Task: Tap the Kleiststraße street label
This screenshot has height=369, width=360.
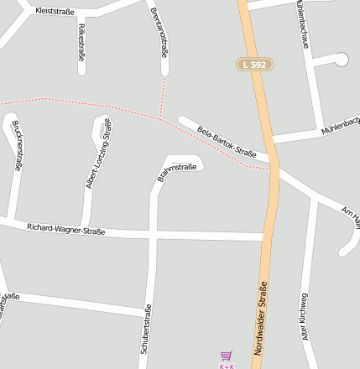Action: [55, 12]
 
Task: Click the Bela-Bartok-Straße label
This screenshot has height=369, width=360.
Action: [227, 141]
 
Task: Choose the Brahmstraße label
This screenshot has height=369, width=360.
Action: [177, 172]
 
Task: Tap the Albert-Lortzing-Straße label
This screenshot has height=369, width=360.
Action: [98, 153]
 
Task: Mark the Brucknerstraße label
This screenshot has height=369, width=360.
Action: [18, 145]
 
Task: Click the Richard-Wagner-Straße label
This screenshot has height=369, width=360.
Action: [65, 228]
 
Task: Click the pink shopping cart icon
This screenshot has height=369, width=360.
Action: [226, 356]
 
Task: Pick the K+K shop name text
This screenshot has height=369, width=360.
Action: [226, 366]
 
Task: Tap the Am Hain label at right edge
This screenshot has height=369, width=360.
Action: [352, 212]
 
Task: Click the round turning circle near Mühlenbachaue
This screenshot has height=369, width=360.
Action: [341, 59]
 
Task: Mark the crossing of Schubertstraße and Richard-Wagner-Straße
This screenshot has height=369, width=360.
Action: [153, 231]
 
